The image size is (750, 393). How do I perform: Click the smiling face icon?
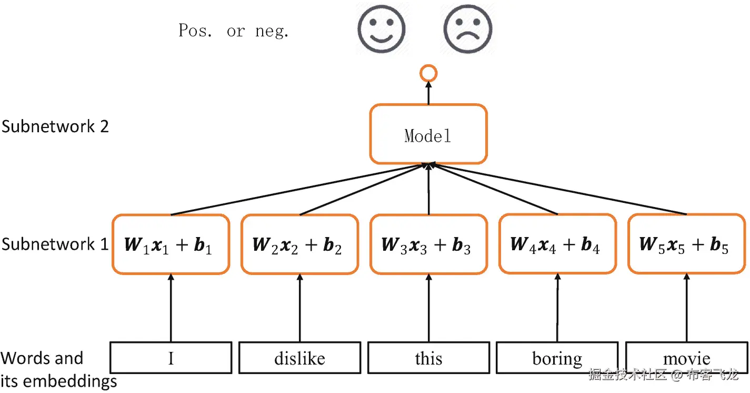pos(382,28)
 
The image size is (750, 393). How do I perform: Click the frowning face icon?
pos(468,28)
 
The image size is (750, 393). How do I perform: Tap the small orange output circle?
pos(428,74)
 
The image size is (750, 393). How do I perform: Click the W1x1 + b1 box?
pos(171,244)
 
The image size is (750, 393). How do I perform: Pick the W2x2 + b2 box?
pos(299,244)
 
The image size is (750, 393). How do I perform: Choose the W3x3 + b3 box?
pos(428,244)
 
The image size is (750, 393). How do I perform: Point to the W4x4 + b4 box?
pos(557,244)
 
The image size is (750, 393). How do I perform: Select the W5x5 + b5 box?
pos(686,244)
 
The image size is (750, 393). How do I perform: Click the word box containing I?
pos(171,358)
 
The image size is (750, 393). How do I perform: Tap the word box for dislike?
pos(299,358)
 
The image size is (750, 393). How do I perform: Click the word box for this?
pos(428,358)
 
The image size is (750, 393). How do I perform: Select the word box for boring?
pos(557,358)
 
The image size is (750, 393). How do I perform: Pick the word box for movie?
pos(686,358)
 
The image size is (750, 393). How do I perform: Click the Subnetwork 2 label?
pos(55,126)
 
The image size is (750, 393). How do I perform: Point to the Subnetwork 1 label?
pos(55,244)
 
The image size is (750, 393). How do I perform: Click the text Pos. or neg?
pos(234,31)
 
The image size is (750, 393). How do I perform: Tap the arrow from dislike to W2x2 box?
pos(300,308)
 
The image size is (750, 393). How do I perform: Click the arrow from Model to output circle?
pos(428,93)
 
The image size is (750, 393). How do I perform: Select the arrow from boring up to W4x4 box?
pos(557,308)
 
